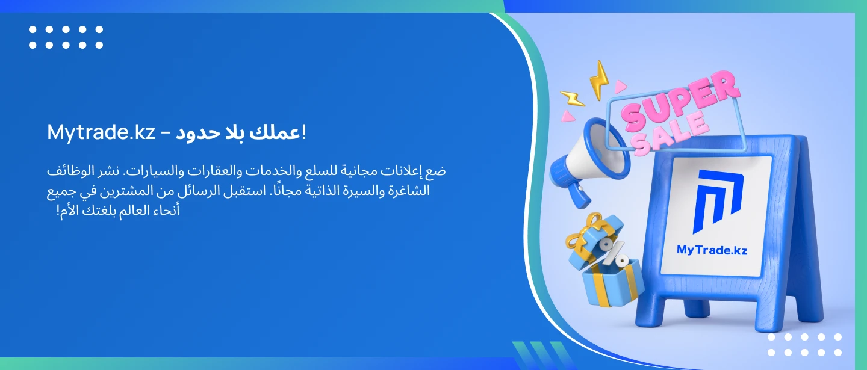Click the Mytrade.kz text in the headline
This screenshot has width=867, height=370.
click(101, 132)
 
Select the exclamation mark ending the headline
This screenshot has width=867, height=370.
click(304, 132)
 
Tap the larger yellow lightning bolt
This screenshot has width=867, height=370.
click(598, 80)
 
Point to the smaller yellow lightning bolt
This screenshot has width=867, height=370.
click(572, 99)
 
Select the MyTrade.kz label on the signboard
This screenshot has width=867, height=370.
click(712, 250)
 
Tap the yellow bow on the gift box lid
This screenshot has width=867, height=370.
click(585, 230)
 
